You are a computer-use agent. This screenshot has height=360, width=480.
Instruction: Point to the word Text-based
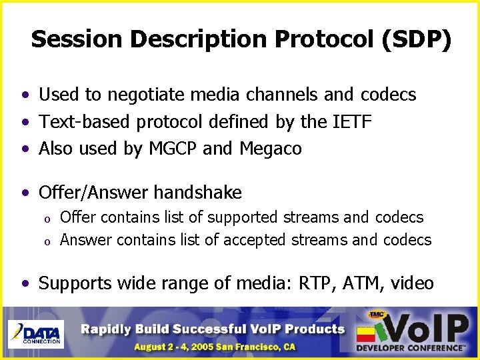(x=85, y=122)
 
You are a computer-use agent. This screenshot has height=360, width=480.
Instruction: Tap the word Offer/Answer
(x=94, y=193)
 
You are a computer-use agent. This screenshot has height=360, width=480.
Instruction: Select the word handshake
(x=198, y=193)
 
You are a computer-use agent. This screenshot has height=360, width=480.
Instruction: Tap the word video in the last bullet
(x=412, y=283)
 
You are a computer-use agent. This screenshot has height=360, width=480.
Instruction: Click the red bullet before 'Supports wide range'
(x=25, y=284)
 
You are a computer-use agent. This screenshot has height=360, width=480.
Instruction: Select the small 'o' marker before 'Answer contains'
(x=47, y=241)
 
